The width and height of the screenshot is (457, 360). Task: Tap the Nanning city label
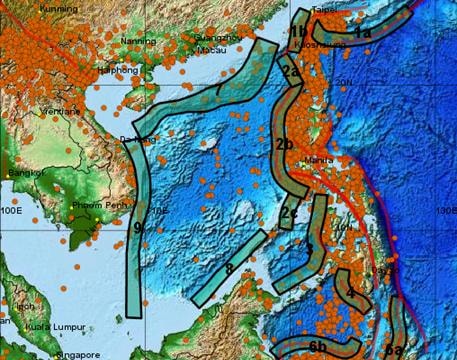136,42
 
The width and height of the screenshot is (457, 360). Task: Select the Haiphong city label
117,72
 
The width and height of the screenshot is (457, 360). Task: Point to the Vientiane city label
65,111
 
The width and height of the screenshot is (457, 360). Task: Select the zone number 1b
299,30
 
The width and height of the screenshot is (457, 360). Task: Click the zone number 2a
290,72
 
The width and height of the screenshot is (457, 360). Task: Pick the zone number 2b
283,143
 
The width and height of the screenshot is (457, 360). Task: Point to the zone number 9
137,228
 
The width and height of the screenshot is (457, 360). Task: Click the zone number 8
229,269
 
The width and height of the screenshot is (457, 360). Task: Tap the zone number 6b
317,346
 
